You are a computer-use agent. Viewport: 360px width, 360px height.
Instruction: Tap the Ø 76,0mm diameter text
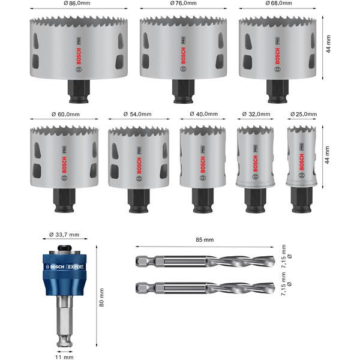pyautogui.click(x=184, y=4)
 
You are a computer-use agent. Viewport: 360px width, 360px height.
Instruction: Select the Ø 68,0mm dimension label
pyautogui.click(x=279, y=4)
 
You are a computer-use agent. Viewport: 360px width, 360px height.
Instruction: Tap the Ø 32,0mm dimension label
pyautogui.click(x=257, y=113)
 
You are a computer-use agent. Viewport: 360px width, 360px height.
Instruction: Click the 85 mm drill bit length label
pyautogui.click(x=205, y=240)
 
